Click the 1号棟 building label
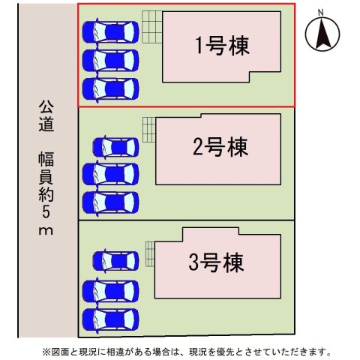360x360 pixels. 222,46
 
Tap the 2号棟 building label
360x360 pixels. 220,147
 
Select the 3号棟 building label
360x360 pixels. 216,262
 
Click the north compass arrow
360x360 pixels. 322,33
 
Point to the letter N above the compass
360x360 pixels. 320,13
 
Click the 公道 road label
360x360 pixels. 46,116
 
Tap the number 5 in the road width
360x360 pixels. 46,211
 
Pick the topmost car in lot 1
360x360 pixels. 110,32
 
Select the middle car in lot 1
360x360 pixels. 110,61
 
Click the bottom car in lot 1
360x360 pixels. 110,89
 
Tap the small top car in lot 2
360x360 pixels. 115,148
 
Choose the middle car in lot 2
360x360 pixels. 110,174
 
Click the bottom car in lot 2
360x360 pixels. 110,202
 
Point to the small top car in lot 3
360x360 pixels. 115,261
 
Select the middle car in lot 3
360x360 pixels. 110,291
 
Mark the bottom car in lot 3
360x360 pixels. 110,319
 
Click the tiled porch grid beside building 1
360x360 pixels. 152,27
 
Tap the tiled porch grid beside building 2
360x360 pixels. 149,130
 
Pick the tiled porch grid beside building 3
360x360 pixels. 150,254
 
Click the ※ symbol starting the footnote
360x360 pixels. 46,352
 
